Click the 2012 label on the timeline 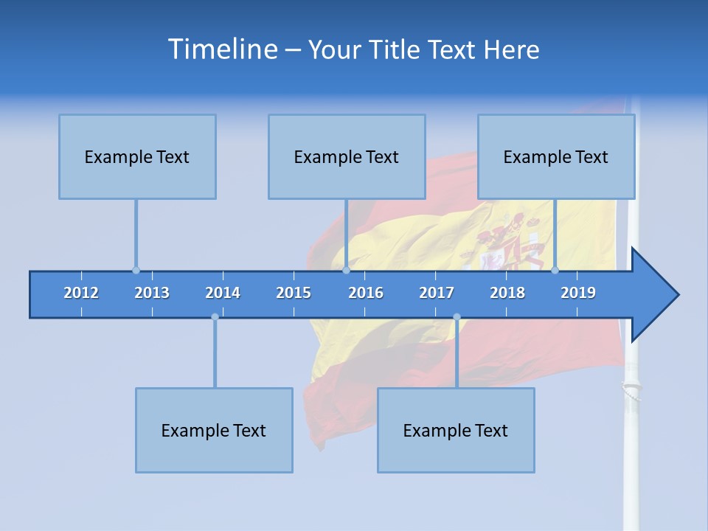81,293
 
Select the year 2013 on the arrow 152,293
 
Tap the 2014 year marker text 223,293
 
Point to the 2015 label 294,293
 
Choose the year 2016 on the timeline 366,293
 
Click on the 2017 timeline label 437,293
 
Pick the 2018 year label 507,293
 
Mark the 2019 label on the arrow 578,293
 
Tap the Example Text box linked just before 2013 137,156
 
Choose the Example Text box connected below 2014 214,430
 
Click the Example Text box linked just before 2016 347,156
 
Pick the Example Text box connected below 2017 456,430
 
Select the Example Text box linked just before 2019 556,156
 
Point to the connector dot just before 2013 136,270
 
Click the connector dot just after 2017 457,317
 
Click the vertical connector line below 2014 215,354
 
